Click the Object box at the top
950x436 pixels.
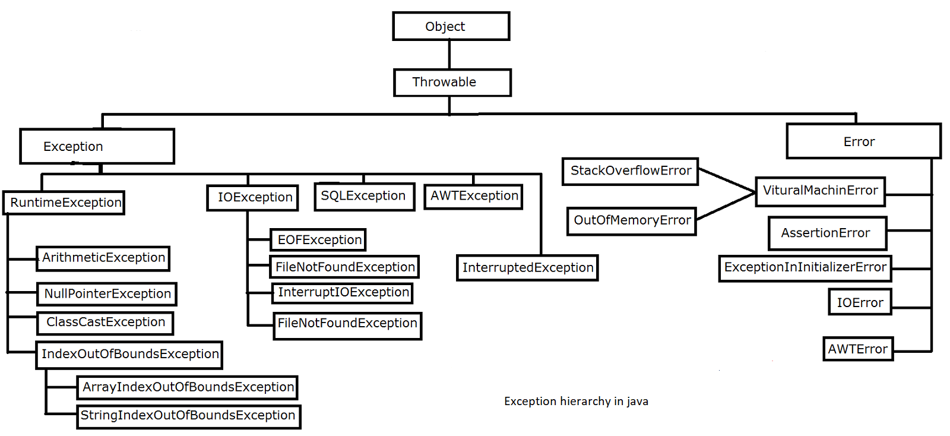[451, 26]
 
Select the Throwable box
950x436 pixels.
[452, 82]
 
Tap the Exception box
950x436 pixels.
[97, 146]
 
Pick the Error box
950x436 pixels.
[863, 141]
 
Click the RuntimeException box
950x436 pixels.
[64, 203]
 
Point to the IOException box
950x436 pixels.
[252, 197]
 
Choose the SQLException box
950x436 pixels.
[363, 196]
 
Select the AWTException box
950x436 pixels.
[473, 196]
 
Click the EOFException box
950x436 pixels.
[318, 239]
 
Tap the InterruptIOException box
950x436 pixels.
[343, 292]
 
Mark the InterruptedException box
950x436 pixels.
[527, 267]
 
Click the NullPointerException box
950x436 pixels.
[107, 293]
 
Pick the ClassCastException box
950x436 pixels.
[105, 323]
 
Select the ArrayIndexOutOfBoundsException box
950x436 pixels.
[187, 387]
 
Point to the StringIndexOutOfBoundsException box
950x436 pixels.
[188, 416]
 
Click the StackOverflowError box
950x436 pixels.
[630, 171]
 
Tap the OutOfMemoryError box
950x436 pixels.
[631, 220]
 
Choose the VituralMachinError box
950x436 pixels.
[820, 191]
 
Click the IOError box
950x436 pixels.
[860, 302]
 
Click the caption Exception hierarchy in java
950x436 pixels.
[576, 402]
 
